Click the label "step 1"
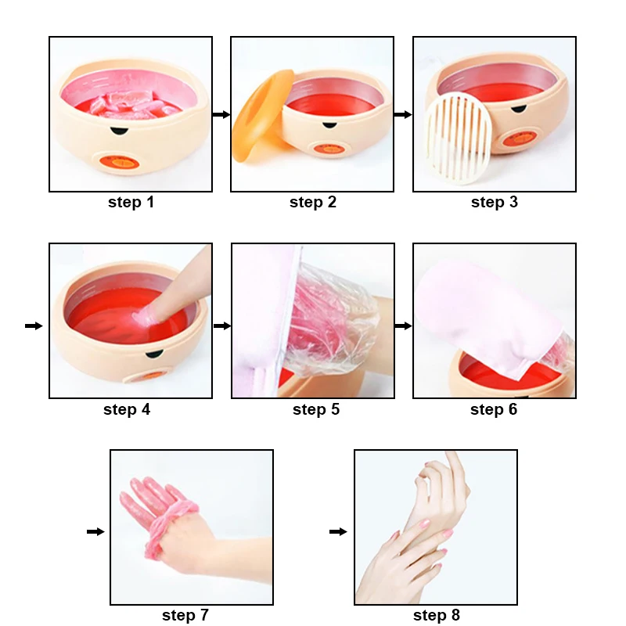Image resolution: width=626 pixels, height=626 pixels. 131,203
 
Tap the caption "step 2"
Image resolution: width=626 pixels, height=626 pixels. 313,203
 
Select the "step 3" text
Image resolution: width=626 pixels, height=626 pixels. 495,203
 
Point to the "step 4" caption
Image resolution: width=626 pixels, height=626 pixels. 127,409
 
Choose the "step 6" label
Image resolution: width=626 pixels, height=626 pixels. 494,409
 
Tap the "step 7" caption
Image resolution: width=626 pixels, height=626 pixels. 185,616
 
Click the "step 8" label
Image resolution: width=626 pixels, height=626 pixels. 437,616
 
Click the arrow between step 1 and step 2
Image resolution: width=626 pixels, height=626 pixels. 221,115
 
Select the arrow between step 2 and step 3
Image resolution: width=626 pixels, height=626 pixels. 403,115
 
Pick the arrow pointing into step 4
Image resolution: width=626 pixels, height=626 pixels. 34,326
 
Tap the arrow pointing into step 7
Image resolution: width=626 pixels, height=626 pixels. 95,532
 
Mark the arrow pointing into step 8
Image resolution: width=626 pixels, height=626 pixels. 338,532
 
